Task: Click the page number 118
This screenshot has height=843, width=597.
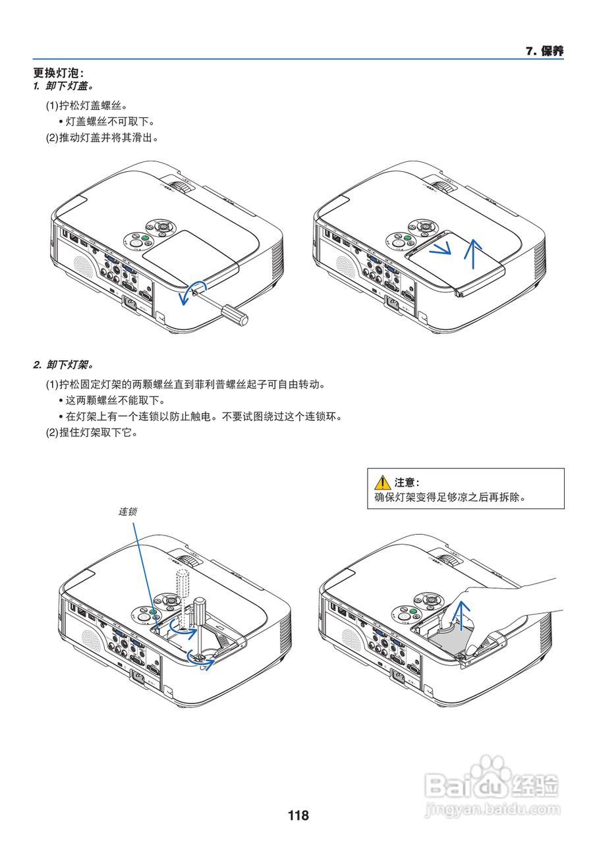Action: point(298,815)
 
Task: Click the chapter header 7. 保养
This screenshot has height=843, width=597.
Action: point(544,51)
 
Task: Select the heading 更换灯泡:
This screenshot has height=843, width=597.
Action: point(59,73)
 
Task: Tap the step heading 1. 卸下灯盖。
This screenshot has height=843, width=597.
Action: point(63,86)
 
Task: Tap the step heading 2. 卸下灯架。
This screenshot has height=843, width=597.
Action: point(63,364)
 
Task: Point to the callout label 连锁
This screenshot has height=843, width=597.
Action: point(128,511)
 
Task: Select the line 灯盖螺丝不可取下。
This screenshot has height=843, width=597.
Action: point(109,122)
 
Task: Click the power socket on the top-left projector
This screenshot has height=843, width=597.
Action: point(132,304)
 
